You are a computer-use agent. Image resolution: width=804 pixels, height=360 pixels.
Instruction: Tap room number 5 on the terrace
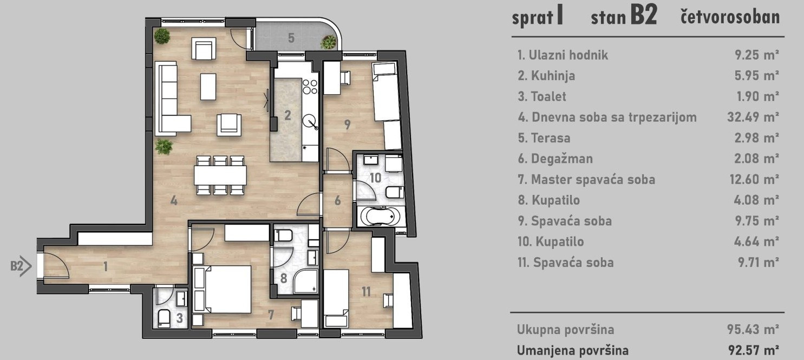[291, 38]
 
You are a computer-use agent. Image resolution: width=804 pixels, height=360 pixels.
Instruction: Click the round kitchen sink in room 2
[310, 121]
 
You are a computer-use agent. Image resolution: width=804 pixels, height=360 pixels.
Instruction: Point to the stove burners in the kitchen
[310, 87]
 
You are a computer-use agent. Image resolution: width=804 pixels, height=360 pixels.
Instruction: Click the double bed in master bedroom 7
[222, 289]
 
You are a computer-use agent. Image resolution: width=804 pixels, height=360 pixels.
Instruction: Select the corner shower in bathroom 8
[305, 282]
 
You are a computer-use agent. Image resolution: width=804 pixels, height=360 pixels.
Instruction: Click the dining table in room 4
[220, 175]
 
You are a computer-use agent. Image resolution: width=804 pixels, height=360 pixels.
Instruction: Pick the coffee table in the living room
[208, 87]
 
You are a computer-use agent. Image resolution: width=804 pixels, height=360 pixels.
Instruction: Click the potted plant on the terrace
[328, 43]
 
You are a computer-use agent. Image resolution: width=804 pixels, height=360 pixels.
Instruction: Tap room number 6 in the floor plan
[337, 201]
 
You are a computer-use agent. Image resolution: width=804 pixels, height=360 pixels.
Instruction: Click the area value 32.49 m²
[753, 117]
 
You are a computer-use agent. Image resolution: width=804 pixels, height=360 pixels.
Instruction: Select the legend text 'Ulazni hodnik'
[568, 55]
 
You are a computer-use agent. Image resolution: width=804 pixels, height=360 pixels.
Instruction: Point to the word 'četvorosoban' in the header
[730, 17]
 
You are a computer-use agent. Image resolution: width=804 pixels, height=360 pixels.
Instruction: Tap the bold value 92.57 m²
[753, 350]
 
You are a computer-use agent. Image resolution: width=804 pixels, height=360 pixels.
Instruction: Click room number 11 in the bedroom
[366, 292]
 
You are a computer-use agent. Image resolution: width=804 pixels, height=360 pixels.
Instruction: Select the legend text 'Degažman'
[562, 159]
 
